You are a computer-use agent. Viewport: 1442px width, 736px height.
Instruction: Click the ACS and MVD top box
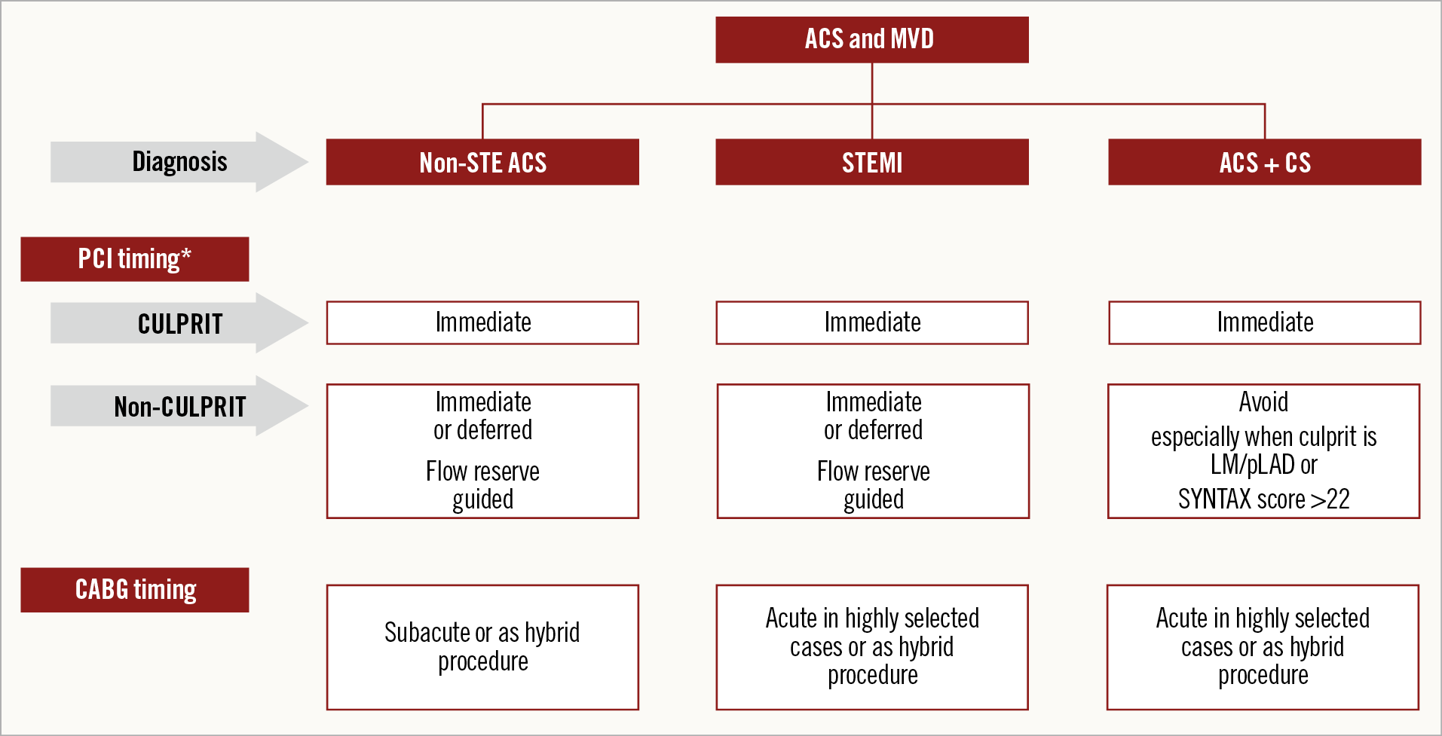point(871,40)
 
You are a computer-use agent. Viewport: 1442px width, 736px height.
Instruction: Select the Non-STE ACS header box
point(482,162)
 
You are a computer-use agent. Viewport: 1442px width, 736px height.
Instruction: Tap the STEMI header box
point(871,162)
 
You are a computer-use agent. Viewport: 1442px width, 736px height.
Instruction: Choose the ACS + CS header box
point(1264,162)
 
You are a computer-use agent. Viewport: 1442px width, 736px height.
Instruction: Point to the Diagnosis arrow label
point(179,162)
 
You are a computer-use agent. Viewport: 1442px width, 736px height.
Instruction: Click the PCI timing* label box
point(134,259)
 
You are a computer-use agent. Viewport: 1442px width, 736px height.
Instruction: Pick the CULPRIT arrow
point(179,324)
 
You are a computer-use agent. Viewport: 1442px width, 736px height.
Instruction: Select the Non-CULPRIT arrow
point(179,407)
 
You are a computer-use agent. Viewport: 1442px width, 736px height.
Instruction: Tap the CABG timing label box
point(134,590)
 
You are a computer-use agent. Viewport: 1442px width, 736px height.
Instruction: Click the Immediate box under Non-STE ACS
point(482,323)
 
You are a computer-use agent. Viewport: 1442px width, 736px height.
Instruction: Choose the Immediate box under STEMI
point(871,323)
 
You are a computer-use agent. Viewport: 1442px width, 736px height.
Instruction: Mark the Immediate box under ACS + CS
point(1264,323)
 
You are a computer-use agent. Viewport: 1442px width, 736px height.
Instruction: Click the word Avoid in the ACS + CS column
point(1263,402)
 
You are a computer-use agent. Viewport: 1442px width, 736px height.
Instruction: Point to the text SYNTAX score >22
point(1263,499)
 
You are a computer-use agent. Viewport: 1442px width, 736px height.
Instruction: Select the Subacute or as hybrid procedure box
point(482,647)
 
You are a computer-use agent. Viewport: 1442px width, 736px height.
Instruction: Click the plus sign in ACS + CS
point(1272,165)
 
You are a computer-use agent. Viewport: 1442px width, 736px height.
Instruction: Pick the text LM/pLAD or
point(1263,465)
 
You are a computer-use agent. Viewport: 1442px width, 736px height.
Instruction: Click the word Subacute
point(427,633)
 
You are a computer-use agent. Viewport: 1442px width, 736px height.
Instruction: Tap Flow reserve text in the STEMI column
point(873,472)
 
